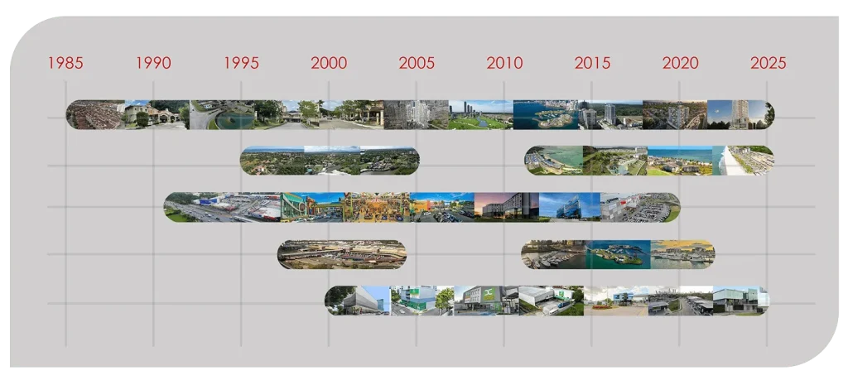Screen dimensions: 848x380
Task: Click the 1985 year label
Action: click(65, 63)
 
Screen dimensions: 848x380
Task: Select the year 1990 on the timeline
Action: click(153, 63)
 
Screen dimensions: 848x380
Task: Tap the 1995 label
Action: click(241, 63)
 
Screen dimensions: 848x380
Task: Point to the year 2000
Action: click(329, 63)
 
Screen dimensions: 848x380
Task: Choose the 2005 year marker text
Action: click(417, 63)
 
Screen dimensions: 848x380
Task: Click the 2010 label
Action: click(504, 63)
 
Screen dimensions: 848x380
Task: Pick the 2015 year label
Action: click(592, 63)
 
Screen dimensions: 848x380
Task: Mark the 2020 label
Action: click(681, 63)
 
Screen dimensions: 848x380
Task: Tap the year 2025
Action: click(768, 63)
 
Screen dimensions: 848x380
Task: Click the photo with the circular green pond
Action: click(222, 114)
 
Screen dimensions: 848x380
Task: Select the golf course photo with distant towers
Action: click(481, 114)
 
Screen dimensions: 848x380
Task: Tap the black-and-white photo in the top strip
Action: click(417, 114)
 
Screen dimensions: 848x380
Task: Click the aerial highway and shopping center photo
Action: click(223, 207)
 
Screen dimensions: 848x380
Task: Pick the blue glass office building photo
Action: click(570, 207)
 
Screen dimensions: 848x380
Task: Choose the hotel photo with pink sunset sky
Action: click(506, 207)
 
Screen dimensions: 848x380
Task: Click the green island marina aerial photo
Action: click(618, 254)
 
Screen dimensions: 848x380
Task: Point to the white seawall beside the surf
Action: click(727, 161)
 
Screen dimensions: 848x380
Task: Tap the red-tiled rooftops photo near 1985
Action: click(96, 114)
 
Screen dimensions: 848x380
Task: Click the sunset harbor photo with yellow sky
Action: click(682, 254)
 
